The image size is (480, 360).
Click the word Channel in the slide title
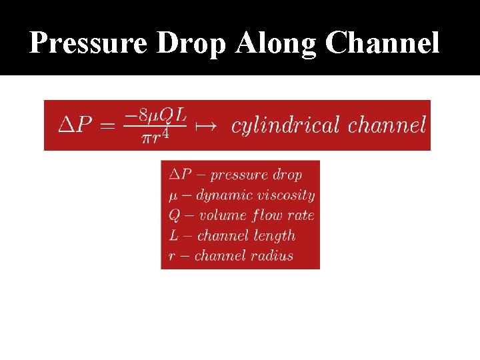point(383,44)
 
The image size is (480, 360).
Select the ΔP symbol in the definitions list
point(179,175)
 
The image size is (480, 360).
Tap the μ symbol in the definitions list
point(173,195)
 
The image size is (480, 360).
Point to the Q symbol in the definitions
point(174,215)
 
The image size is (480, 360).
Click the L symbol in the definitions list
point(173,235)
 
